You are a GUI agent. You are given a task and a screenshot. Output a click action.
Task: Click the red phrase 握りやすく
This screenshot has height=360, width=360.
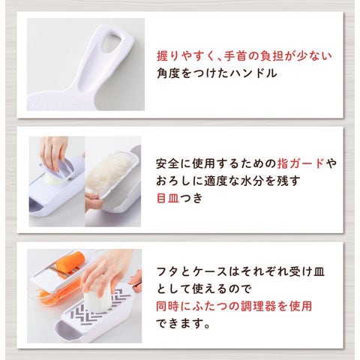pos(186,56)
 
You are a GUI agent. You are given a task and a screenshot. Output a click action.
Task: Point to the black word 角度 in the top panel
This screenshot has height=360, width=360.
pos(168,73)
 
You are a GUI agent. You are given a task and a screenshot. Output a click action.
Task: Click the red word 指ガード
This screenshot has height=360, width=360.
pos(301,163)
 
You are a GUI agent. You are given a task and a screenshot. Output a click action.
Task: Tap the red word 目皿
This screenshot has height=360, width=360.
pos(167,198)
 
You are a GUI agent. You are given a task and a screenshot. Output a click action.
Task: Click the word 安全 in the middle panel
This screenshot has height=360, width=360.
pos(167,163)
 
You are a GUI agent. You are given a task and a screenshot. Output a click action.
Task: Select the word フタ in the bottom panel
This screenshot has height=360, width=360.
pos(167,271)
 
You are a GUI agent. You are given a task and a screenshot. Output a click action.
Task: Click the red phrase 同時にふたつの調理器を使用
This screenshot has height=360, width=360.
pos(234,306)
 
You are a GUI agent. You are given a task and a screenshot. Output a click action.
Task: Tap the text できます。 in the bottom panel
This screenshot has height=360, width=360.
pos(183,323)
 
